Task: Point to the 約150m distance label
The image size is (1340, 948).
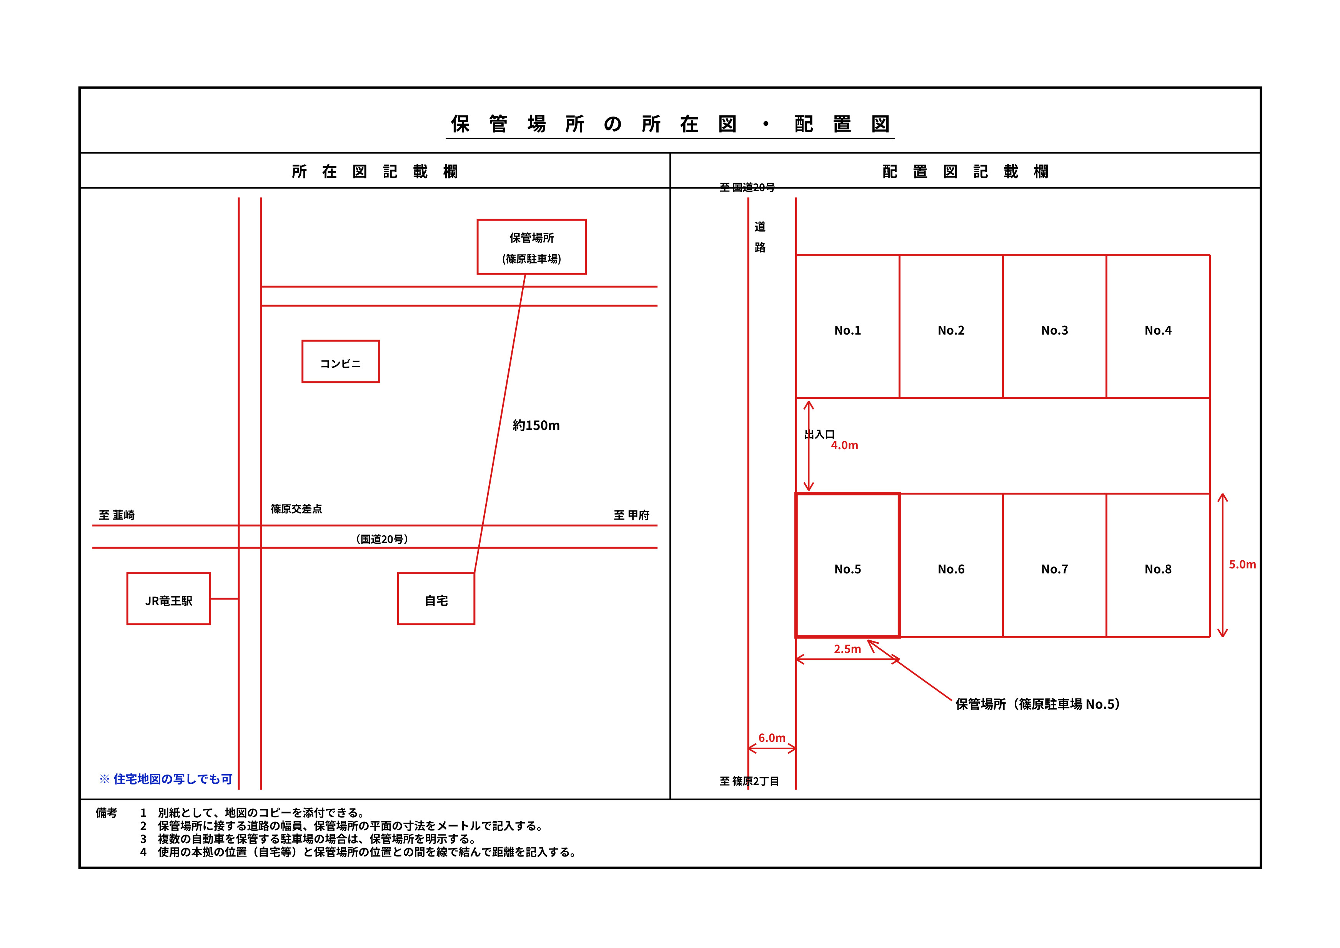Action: point(536,426)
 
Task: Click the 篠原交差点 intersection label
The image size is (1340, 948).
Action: point(296,509)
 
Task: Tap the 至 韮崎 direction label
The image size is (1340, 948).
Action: point(117,515)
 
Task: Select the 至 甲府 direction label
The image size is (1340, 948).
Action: point(631,515)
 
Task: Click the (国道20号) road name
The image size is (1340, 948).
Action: point(382,539)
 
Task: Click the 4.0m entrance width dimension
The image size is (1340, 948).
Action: point(844,445)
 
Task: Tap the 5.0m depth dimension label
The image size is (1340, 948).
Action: point(1243,565)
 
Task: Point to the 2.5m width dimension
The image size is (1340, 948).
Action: point(847,649)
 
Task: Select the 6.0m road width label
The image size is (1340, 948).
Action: point(772,738)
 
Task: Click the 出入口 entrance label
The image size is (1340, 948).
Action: point(819,434)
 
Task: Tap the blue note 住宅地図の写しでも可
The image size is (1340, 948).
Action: point(166,779)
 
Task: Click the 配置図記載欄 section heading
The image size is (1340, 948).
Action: point(965,171)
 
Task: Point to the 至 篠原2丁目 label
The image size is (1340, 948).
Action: point(749,781)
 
